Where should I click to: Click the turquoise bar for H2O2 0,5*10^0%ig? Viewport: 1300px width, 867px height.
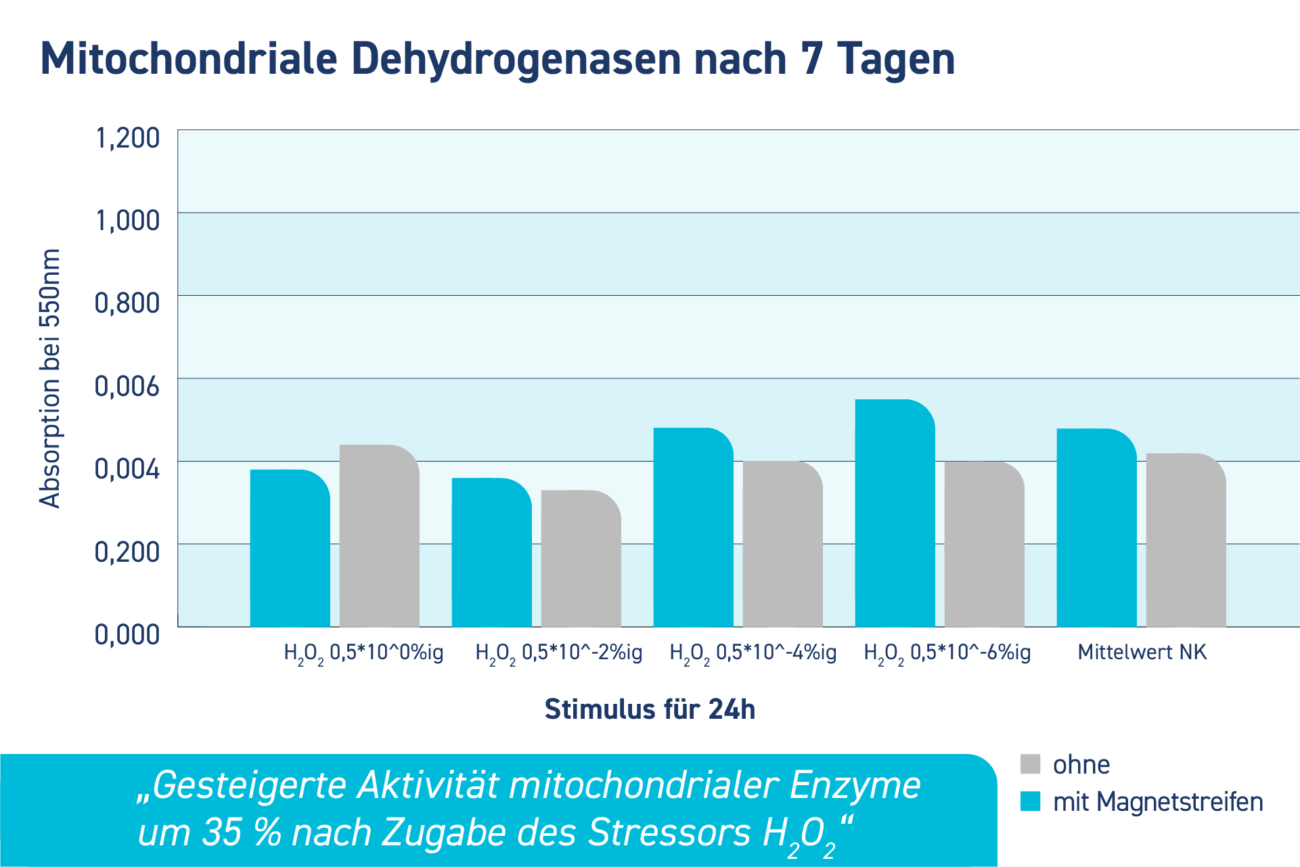click(290, 548)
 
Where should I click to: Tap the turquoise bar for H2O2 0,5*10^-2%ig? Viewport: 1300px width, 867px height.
click(491, 552)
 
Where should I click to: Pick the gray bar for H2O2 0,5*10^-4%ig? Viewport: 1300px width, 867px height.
click(782, 544)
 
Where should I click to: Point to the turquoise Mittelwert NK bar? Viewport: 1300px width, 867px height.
click(1096, 528)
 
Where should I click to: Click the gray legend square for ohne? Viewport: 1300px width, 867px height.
click(1030, 764)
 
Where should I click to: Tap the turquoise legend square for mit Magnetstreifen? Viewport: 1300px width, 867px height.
click(1030, 801)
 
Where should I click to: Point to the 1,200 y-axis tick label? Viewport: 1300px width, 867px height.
click(127, 137)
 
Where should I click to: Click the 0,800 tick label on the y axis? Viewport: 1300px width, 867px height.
click(127, 303)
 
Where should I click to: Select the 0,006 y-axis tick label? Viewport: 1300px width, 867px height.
click(127, 386)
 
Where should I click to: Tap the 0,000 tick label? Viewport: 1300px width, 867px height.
click(127, 635)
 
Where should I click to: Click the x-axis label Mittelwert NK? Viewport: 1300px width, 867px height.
click(1142, 652)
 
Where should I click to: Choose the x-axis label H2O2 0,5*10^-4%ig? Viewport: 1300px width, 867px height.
click(753, 653)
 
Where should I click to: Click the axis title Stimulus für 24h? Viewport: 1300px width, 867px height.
click(650, 709)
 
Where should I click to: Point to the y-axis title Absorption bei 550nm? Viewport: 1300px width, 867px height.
click(50, 379)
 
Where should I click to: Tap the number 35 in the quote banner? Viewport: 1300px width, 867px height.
click(222, 832)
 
